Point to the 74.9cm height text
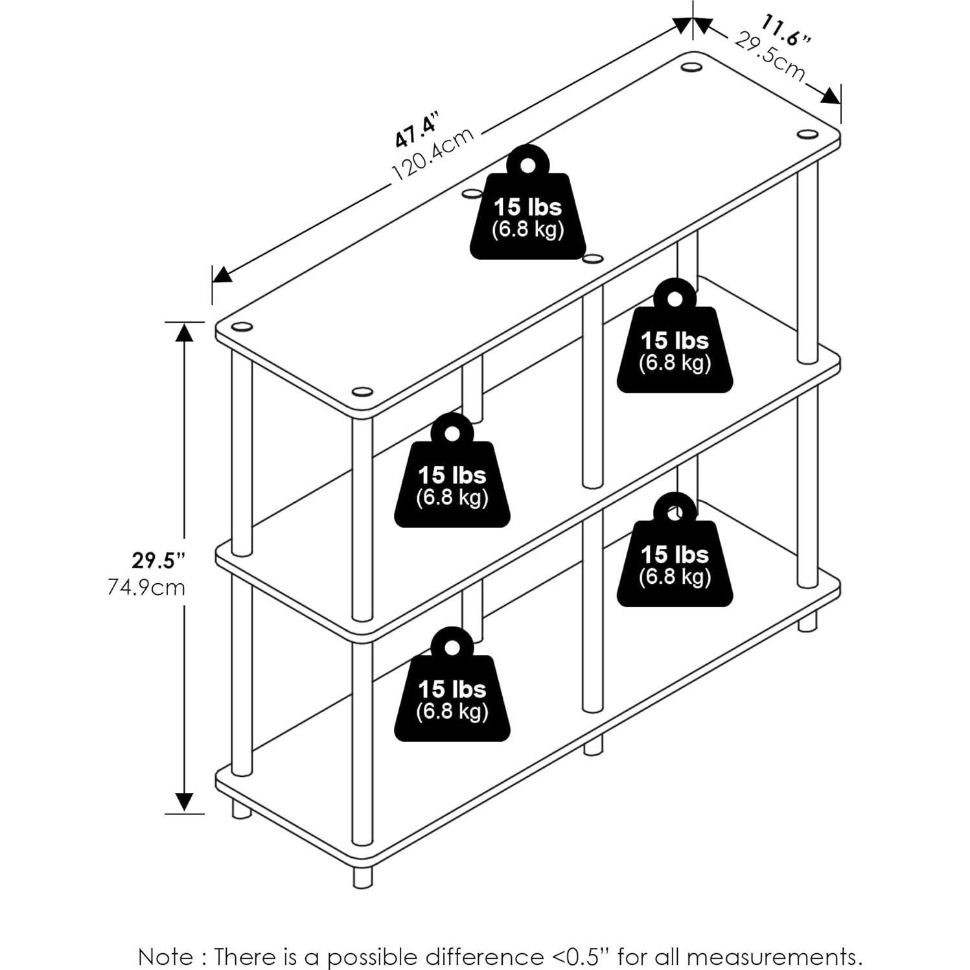pyautogui.click(x=146, y=588)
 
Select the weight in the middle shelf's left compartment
pyautogui.click(x=452, y=470)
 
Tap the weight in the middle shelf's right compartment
pyautogui.click(x=675, y=336)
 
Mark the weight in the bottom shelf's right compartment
pyautogui.click(x=675, y=550)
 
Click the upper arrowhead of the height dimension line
pyautogui.click(x=185, y=332)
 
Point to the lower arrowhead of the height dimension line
pyautogui.click(x=185, y=802)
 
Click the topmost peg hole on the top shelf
pyautogui.click(x=691, y=67)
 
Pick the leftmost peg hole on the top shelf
pyautogui.click(x=242, y=327)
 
